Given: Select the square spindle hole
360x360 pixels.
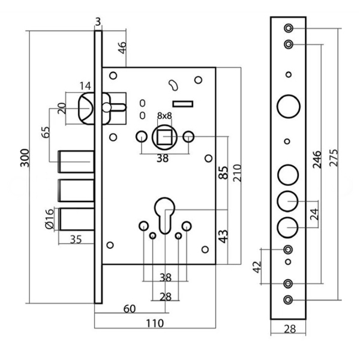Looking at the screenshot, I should pos(164,137).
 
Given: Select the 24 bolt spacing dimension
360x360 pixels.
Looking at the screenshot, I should pos(313,214).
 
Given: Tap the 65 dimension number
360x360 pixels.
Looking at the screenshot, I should pos(44,133).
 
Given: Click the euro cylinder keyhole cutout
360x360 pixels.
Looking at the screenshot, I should pos(164,214).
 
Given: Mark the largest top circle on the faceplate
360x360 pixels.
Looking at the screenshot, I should pos(287,106).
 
